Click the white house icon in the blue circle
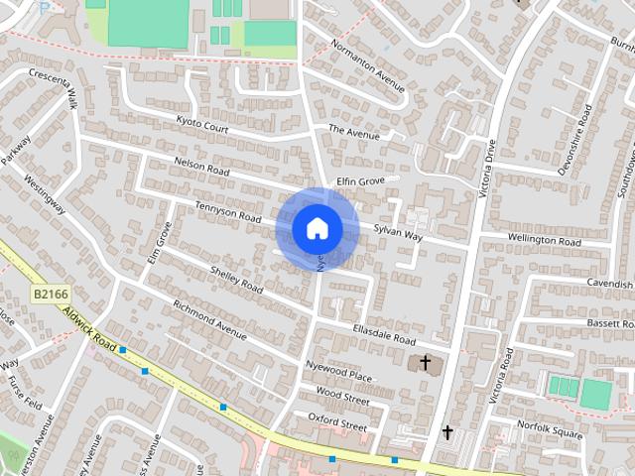click(317, 229)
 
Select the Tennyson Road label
click(228, 211)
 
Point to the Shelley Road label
click(237, 279)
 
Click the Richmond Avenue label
click(209, 319)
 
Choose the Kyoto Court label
click(202, 126)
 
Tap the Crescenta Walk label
click(54, 85)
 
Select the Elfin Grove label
click(360, 181)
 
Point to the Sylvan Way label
click(398, 234)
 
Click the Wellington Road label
click(545, 241)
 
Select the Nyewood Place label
click(339, 371)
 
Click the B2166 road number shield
click(50, 294)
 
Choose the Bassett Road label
click(609, 323)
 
